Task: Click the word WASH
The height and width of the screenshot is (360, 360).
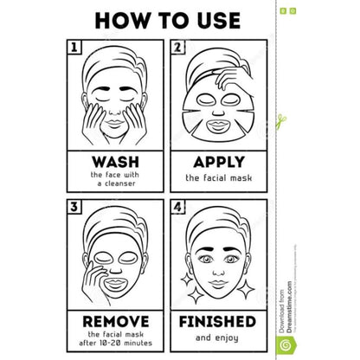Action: pyautogui.click(x=116, y=162)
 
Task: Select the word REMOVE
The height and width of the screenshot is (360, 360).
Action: pyautogui.click(x=116, y=319)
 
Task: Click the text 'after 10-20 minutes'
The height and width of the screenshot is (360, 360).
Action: pyautogui.click(x=116, y=344)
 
